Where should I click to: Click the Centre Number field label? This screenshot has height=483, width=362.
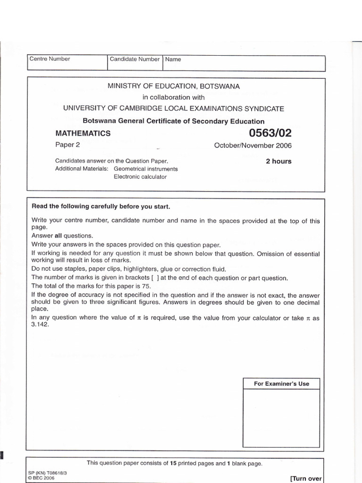coord(49,59)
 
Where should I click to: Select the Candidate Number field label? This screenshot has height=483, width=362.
coord(134,59)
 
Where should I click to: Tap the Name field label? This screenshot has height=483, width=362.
coord(173,59)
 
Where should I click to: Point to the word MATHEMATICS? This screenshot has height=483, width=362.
coord(83,133)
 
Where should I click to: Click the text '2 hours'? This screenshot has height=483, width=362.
coord(279,161)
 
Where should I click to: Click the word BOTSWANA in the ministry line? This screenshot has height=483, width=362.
coord(220,86)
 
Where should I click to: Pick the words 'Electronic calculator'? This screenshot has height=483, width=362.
coord(140,177)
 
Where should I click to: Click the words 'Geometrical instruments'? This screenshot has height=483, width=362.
coord(146,169)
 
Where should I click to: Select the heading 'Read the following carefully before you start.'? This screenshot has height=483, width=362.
coord(100,207)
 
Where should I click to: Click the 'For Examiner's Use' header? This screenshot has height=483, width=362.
coord(281,383)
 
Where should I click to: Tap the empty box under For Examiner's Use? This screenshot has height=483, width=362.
coord(281,417)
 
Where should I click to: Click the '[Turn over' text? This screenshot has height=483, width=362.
coord(306,478)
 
